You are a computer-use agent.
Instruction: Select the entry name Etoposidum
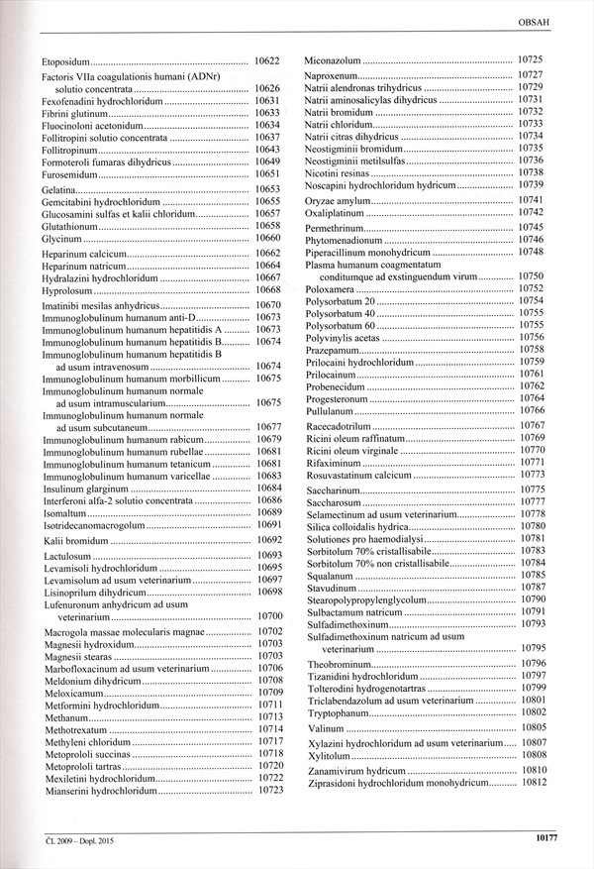pyautogui.click(x=73, y=61)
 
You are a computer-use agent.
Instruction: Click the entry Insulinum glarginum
pyautogui.click(x=86, y=489)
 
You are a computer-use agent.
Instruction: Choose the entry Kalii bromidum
pyautogui.click(x=77, y=540)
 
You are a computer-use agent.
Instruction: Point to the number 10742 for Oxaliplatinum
pyautogui.click(x=531, y=212)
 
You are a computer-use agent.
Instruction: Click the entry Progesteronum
pyautogui.click(x=340, y=398)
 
